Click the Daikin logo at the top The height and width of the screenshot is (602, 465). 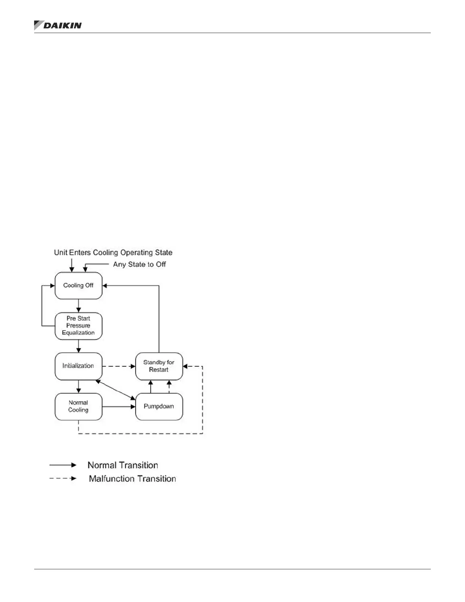click(58, 25)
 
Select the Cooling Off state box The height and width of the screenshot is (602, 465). click(78, 285)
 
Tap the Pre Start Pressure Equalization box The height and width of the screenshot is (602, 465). click(78, 326)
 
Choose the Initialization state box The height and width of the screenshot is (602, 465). click(78, 366)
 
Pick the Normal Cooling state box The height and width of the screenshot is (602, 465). click(78, 406)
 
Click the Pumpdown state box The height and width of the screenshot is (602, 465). click(159, 406)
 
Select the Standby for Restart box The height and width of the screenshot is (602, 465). click(159, 366)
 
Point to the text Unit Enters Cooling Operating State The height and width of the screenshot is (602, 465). click(113, 253)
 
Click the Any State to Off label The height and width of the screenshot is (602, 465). click(139, 265)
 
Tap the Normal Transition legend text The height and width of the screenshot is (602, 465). click(123, 465)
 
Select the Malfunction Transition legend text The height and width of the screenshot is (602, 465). click(132, 478)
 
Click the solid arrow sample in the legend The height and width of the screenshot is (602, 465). click(63, 465)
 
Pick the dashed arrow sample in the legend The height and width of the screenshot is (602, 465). click(63, 478)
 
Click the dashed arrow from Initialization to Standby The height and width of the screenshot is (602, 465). click(119, 366)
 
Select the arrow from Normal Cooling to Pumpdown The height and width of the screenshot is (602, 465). click(119, 407)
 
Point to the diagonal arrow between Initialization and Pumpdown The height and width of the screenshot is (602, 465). click(115, 390)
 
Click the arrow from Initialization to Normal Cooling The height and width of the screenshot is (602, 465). click(79, 386)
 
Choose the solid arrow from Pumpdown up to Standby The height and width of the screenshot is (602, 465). click(151, 387)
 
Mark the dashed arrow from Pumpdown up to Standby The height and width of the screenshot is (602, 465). click(169, 387)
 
